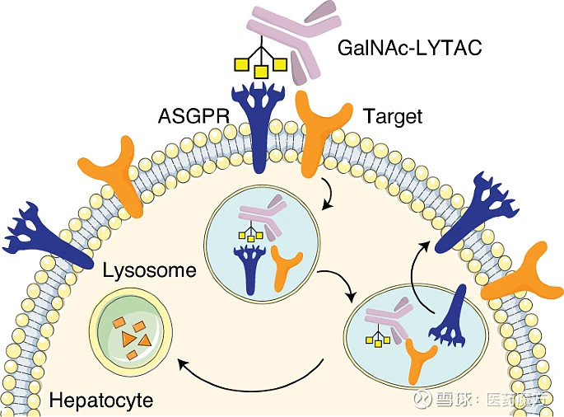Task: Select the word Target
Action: (x=392, y=117)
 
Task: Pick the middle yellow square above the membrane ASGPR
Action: (x=260, y=72)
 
